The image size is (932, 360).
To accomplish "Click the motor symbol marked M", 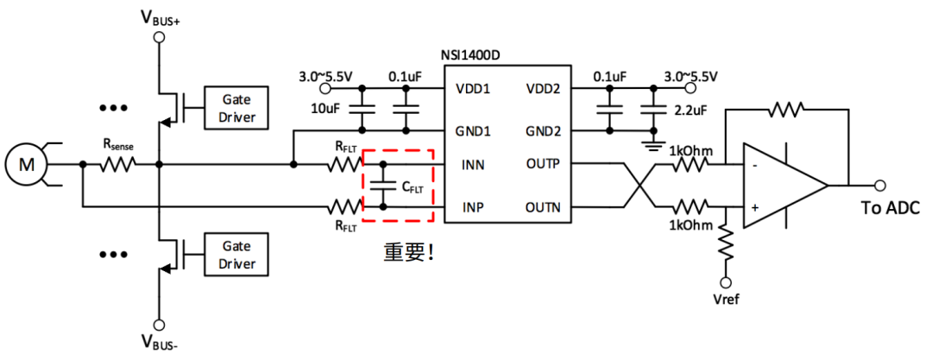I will point(24,163).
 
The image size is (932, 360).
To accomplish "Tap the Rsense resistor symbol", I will point(118,163).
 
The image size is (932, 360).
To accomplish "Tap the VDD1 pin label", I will point(472,89).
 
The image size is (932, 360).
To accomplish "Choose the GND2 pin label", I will point(545,132).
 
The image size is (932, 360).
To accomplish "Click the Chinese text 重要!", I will point(408,252).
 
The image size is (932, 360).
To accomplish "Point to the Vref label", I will point(726,300).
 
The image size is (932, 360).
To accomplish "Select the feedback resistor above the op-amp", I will point(786,110).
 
